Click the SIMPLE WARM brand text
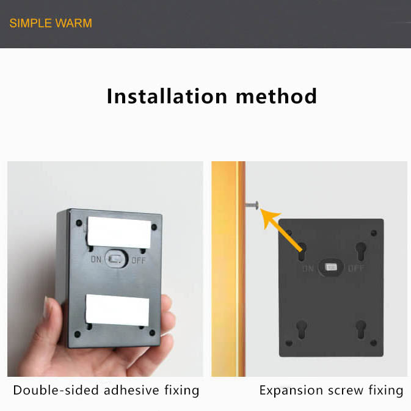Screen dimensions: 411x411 tap(51, 23)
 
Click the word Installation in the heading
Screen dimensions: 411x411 tap(167, 96)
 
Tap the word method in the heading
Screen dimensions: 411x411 tap(276, 96)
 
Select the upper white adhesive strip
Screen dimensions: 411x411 tap(119, 232)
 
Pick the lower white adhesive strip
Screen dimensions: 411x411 tap(117, 310)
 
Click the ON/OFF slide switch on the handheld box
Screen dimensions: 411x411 tap(117, 259)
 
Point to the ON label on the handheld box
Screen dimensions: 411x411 tap(96, 260)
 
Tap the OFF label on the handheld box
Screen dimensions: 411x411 tap(139, 261)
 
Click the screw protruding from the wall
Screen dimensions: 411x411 tap(252, 205)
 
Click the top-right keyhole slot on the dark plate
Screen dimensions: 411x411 tap(361, 251)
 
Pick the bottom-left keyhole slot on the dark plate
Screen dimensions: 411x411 tap(302, 329)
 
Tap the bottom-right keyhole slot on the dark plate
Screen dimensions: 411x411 tap(361, 329)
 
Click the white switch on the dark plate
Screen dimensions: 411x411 tap(331, 267)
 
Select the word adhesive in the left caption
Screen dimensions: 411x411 tap(131, 390)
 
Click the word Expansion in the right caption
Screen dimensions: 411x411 tap(291, 391)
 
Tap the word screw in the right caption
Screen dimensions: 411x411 tap(346, 391)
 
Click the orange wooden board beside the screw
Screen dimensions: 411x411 tap(228, 269)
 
